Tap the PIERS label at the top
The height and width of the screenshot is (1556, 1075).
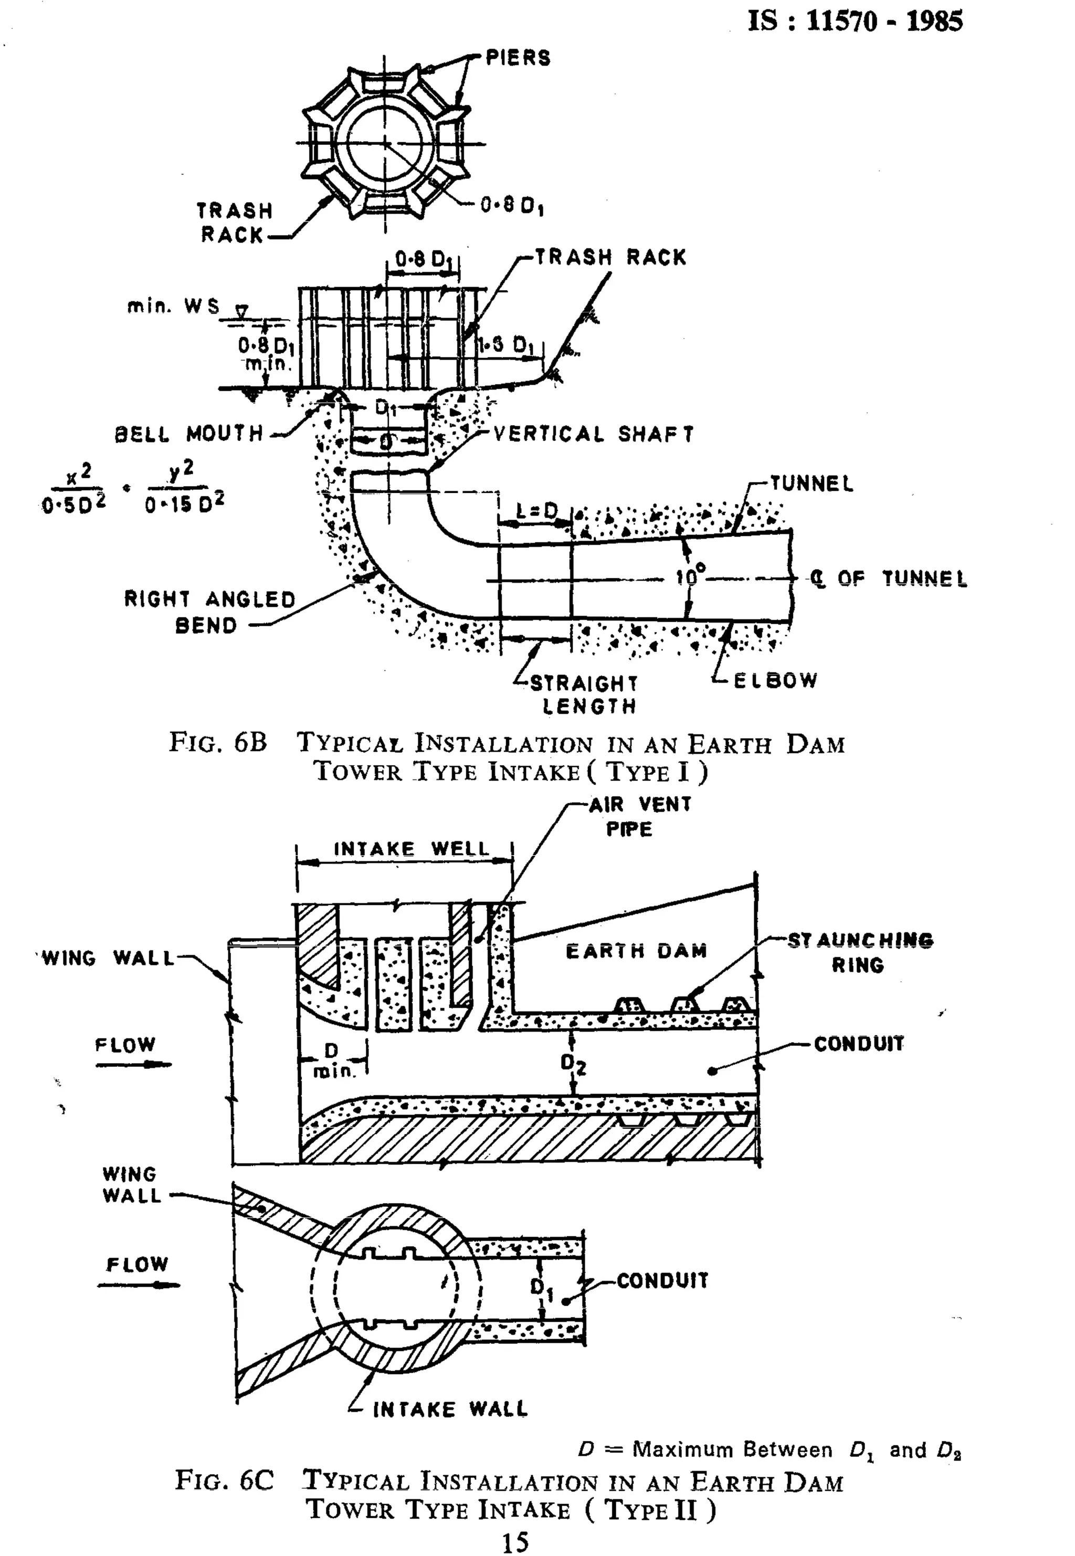518,58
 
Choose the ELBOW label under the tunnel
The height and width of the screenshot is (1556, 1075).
775,680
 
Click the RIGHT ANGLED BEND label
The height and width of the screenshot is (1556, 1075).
209,612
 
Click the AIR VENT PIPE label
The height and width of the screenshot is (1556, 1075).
639,816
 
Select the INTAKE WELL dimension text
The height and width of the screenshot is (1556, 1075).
412,849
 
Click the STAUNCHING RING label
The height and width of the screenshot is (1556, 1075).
860,952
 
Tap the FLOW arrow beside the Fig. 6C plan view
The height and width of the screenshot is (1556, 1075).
138,1285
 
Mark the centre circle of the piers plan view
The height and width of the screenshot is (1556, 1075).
385,143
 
